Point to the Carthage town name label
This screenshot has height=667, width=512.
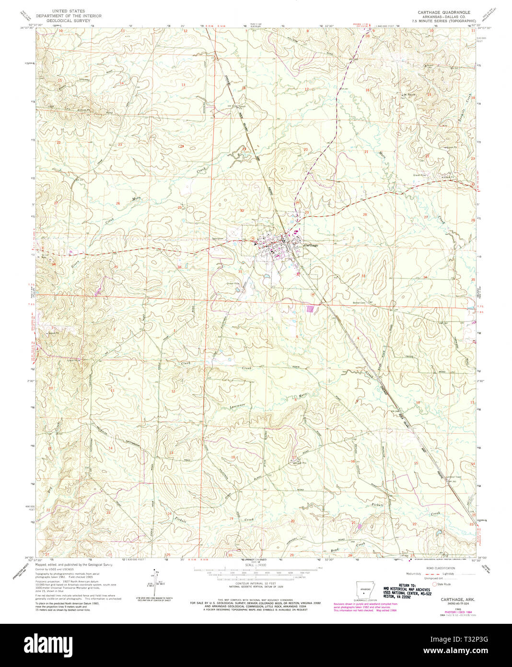(311, 245)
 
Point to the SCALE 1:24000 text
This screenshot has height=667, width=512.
(256, 565)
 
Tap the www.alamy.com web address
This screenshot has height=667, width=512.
(474, 650)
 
